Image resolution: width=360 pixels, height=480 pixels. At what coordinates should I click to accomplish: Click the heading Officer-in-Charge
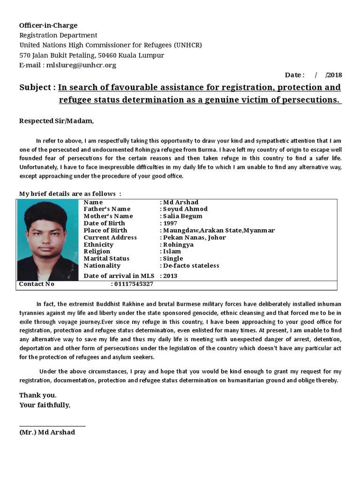(48, 25)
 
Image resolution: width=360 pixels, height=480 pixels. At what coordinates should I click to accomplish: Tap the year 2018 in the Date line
(335, 75)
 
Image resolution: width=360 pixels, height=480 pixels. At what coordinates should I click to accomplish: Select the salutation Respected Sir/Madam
(56, 121)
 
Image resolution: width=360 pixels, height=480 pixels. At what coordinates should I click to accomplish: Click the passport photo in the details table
(48, 240)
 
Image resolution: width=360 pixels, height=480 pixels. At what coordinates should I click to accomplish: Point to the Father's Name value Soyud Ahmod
(185, 209)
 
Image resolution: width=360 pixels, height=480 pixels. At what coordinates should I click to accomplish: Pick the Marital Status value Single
(173, 258)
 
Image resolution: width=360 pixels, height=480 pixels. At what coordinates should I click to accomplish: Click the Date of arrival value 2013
(170, 276)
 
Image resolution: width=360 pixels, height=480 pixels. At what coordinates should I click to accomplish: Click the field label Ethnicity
(98, 244)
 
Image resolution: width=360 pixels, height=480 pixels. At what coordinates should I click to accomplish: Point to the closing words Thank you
(38, 395)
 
